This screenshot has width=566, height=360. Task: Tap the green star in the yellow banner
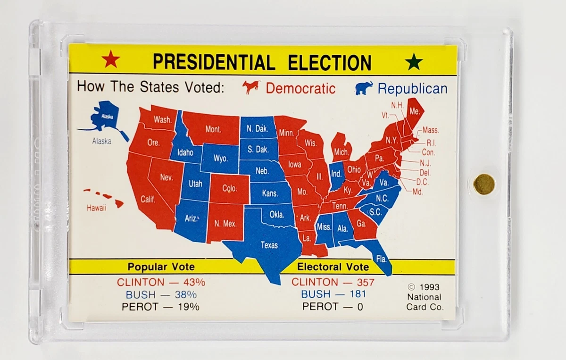click(414, 62)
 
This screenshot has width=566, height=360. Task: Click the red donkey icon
click(251, 87)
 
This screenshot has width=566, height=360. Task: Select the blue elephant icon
click(364, 88)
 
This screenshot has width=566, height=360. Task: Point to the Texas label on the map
click(269, 245)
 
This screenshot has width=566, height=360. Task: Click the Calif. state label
click(148, 199)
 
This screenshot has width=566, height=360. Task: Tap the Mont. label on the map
click(213, 129)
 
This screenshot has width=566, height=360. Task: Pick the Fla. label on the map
click(381, 259)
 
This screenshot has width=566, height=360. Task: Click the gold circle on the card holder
click(484, 184)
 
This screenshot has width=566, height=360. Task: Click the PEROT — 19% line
click(160, 307)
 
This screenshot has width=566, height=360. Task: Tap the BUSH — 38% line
click(161, 294)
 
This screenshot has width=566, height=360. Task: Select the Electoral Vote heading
click(333, 267)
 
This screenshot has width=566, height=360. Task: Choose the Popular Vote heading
click(161, 267)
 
